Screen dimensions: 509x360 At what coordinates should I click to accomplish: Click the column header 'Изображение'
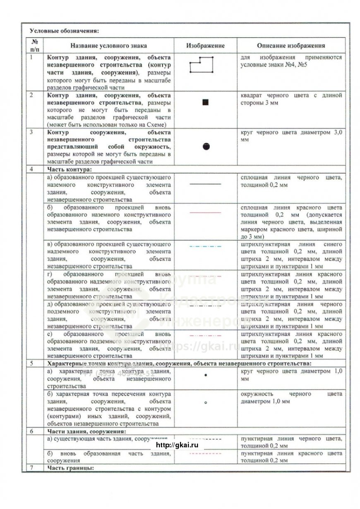205,45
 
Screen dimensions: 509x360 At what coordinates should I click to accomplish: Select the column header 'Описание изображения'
291,46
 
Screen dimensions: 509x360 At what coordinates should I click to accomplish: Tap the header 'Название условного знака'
108,46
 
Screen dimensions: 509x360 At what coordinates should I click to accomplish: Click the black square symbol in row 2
205,102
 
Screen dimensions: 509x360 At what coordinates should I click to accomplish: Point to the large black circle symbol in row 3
206,146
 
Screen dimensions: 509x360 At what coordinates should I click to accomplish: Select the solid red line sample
205,213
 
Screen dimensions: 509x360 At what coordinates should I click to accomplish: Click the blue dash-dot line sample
205,246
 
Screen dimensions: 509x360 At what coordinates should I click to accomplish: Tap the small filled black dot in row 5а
206,375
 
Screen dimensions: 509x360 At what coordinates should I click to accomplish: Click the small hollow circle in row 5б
206,402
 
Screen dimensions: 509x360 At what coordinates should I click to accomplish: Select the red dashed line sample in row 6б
205,454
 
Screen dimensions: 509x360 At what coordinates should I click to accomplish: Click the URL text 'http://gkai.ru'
176,445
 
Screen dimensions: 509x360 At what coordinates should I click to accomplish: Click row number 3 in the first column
31,132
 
